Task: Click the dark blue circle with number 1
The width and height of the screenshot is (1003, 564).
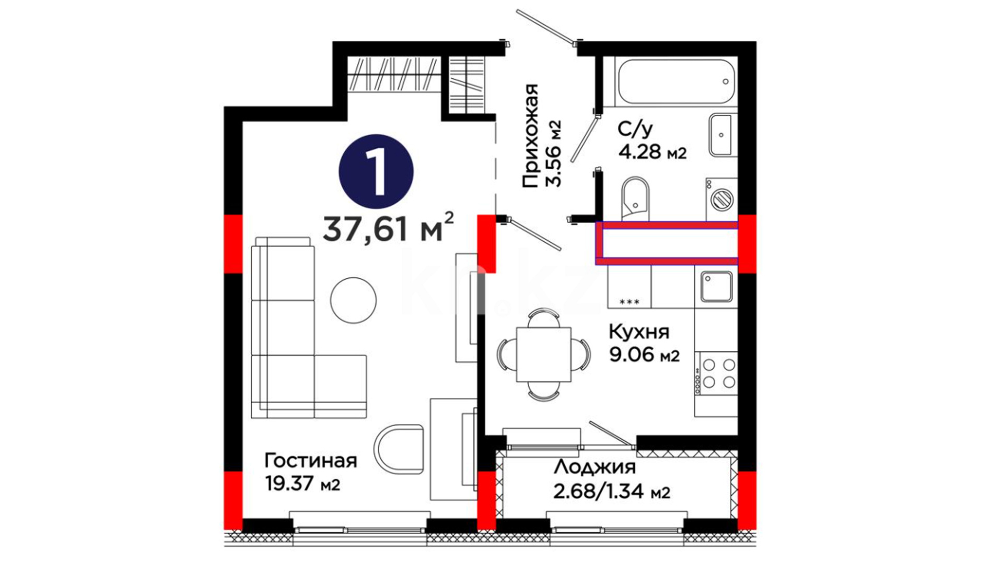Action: tap(376, 172)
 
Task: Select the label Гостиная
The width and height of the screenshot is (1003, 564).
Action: tap(311, 461)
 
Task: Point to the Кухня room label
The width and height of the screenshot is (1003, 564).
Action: tap(639, 332)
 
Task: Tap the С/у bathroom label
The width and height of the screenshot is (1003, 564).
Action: tap(635, 129)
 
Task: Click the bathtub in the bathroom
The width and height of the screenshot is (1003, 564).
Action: tap(677, 81)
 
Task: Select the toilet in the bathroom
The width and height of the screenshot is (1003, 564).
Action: tap(635, 199)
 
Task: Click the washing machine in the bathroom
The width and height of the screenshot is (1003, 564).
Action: tap(721, 199)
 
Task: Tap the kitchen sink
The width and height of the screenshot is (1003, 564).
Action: tap(716, 287)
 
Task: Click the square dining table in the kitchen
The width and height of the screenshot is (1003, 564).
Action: tap(544, 355)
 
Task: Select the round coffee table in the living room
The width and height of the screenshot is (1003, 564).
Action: tap(354, 300)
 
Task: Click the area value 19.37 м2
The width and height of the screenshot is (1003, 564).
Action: tap(302, 484)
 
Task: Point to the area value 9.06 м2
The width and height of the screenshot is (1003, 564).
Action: tap(644, 355)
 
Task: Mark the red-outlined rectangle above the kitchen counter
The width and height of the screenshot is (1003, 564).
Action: tap(667, 243)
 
